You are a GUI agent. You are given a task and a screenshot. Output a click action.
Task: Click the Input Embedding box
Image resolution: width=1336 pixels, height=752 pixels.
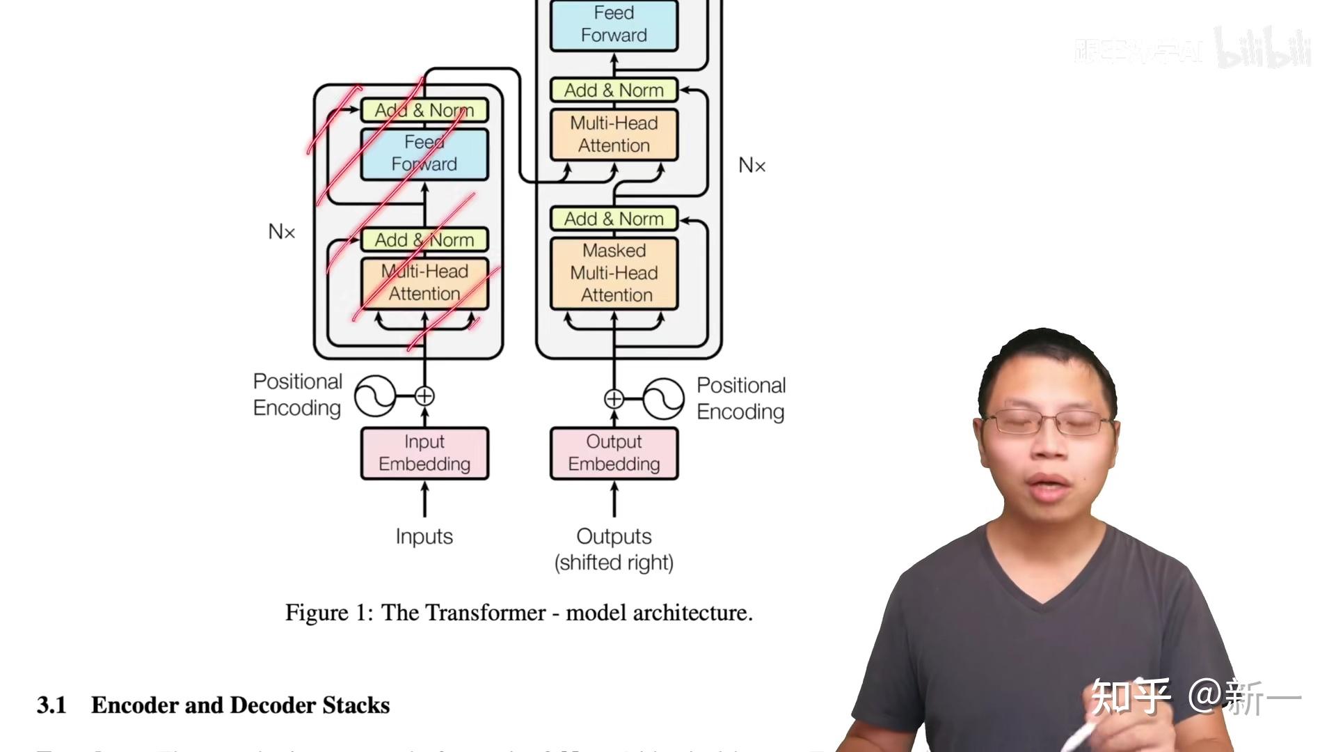pyautogui.click(x=424, y=453)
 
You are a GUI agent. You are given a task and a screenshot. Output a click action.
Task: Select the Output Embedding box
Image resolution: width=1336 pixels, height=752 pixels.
pyautogui.click(x=614, y=453)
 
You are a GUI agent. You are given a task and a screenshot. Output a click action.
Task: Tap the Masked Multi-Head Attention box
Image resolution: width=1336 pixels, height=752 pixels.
pyautogui.click(x=614, y=273)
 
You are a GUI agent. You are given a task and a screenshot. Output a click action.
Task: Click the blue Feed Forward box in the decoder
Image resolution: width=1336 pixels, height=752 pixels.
pyautogui.click(x=614, y=25)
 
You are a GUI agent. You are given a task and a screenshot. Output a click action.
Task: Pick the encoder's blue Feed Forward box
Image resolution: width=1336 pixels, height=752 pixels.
pyautogui.click(x=424, y=154)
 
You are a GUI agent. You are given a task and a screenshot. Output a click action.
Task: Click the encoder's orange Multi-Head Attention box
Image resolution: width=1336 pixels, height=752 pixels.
pyautogui.click(x=424, y=283)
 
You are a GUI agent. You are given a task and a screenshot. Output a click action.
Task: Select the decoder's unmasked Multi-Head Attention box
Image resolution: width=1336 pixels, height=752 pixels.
pyautogui.click(x=614, y=134)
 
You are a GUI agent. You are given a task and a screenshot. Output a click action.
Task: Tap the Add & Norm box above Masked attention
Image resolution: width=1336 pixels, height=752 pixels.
pyautogui.click(x=614, y=219)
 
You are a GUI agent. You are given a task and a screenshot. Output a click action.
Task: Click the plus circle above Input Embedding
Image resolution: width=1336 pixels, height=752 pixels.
pyautogui.click(x=424, y=396)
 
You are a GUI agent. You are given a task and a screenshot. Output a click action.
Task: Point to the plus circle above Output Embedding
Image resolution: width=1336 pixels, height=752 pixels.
pyautogui.click(x=614, y=399)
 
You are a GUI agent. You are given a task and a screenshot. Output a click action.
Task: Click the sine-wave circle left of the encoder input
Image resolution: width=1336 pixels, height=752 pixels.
pyautogui.click(x=374, y=396)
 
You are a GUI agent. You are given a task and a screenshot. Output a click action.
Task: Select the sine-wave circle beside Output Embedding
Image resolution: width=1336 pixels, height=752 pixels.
pyautogui.click(x=663, y=399)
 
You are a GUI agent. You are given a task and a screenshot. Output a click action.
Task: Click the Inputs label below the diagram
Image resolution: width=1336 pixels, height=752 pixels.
pyautogui.click(x=424, y=536)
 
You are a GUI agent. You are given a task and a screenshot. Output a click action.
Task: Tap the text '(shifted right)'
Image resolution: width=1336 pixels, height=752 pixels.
pyautogui.click(x=614, y=563)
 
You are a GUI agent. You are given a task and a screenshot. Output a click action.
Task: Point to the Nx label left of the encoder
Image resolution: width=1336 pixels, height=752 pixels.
pyautogui.click(x=282, y=232)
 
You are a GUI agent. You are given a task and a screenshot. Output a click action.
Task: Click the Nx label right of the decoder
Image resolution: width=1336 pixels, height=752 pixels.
pyautogui.click(x=751, y=166)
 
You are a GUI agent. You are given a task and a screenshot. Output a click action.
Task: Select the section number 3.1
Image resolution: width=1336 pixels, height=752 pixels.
pyautogui.click(x=51, y=705)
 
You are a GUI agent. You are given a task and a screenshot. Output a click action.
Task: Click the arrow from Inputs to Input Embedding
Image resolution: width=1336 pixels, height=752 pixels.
pyautogui.click(x=424, y=500)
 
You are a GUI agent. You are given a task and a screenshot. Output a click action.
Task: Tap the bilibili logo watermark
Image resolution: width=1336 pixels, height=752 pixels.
pyautogui.click(x=1262, y=49)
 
